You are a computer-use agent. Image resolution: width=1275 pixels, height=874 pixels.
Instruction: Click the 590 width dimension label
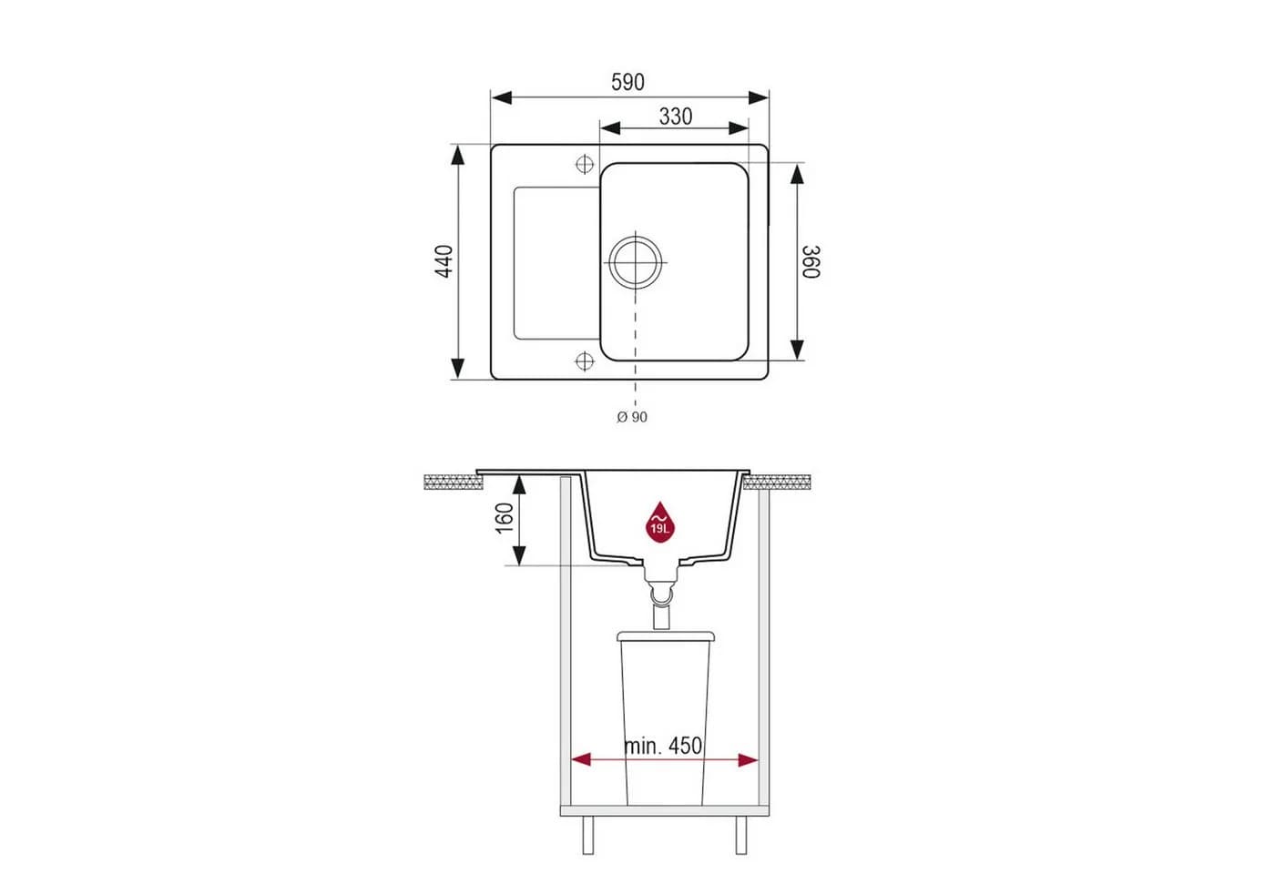point(627,83)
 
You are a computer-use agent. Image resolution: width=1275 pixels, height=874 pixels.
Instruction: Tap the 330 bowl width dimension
point(676,117)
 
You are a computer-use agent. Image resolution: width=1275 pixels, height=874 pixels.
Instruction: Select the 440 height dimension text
point(444,261)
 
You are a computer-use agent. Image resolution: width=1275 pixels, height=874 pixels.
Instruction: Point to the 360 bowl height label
point(811,262)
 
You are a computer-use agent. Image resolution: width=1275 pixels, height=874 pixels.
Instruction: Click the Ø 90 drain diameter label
point(632,417)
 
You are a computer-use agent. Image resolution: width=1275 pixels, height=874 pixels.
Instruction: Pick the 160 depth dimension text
point(505,518)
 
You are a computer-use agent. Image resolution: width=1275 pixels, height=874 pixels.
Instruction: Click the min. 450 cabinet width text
point(663,746)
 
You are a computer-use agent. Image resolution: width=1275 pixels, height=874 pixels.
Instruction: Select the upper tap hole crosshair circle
point(585,165)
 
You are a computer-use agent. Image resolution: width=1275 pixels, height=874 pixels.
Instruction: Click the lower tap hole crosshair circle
point(585,361)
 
